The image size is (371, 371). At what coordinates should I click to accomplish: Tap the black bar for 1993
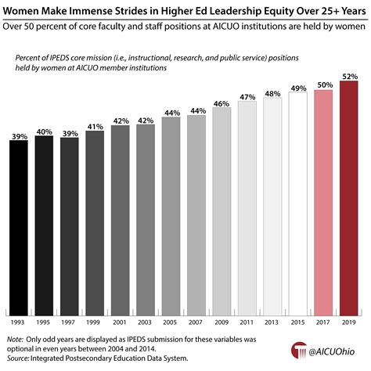tap(20, 227)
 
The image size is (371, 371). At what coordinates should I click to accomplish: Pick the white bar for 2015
tap(297, 204)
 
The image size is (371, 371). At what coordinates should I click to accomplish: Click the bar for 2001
tap(121, 218)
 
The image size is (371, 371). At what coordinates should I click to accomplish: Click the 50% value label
tap(323, 83)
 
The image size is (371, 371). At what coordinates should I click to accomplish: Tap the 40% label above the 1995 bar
tap(45, 131)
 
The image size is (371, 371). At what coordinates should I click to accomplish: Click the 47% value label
tap(247, 96)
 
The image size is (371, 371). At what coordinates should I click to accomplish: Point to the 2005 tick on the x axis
tap(171, 321)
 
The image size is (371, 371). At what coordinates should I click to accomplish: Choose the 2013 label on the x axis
tap(272, 321)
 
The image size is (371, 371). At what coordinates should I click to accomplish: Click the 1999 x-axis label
tap(95, 321)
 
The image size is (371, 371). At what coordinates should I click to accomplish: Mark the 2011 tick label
tap(247, 321)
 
